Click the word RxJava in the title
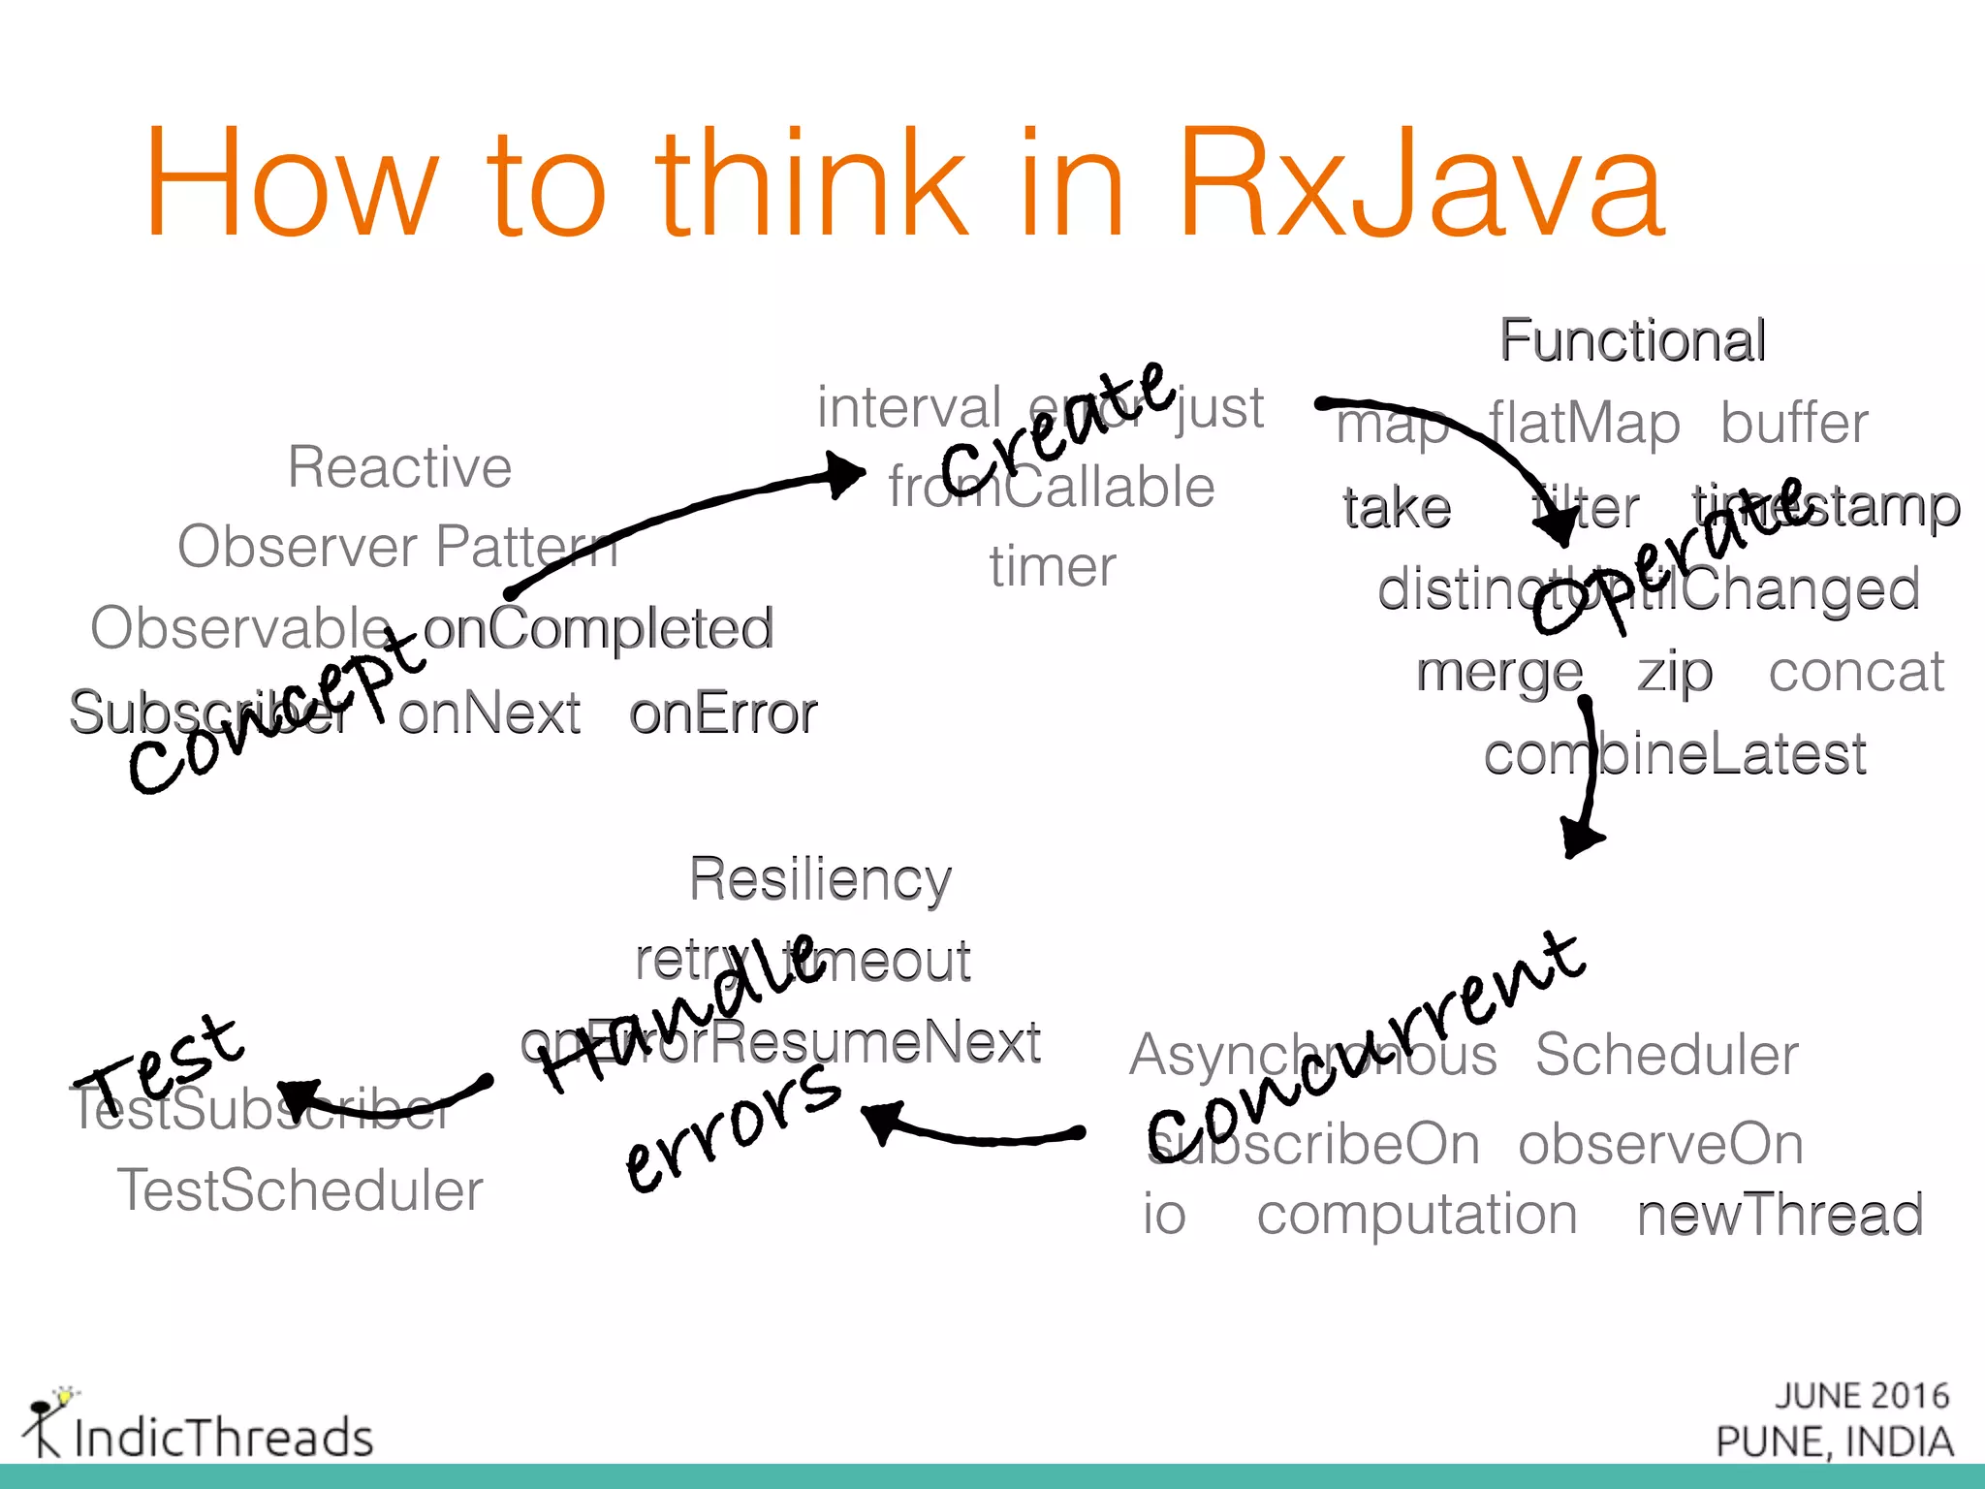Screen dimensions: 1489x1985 pos(1420,184)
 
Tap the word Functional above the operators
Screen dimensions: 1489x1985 pos(1632,340)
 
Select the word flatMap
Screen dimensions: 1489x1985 pos(1584,424)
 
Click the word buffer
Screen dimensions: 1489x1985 pos(1794,424)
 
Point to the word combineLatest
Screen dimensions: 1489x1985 pos(1675,754)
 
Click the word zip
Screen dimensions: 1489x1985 pos(1675,673)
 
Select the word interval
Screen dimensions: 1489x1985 pos(909,407)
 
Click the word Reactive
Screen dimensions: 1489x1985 pos(399,467)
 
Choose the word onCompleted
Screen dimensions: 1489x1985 pos(598,628)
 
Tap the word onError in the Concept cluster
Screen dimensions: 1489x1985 pos(723,713)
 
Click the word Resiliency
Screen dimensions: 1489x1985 pos(820,879)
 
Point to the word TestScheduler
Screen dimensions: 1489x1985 pos(299,1190)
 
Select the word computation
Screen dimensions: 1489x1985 pos(1417,1214)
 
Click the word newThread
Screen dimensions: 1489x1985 pos(1780,1215)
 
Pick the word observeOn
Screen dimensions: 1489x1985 pos(1660,1144)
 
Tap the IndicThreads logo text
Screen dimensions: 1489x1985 pos(223,1437)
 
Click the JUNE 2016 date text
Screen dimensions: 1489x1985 pos(1861,1396)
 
